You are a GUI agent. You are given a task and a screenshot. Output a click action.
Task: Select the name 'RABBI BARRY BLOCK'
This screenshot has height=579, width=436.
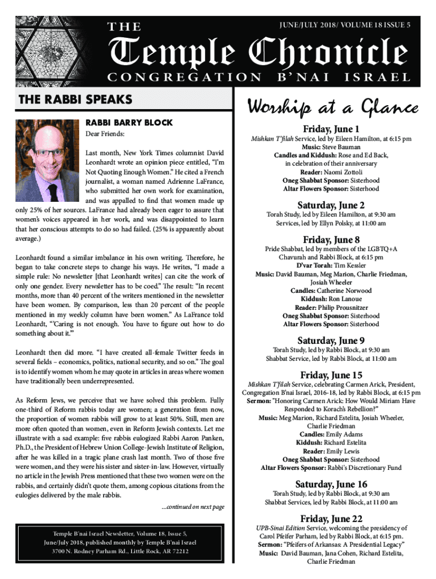point(129,122)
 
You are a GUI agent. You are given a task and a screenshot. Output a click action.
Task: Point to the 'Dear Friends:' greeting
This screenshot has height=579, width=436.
point(105,134)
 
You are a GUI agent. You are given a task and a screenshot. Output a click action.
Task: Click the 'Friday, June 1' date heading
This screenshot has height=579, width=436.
point(331,128)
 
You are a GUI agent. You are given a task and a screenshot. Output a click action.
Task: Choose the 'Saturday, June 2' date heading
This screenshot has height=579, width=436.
point(331,205)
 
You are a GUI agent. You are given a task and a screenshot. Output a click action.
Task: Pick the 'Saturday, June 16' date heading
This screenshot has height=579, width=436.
point(331,484)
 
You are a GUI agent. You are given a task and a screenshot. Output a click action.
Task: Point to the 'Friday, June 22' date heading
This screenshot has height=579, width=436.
point(331,518)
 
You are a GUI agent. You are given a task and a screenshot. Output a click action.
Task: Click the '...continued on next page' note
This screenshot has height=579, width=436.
point(193,506)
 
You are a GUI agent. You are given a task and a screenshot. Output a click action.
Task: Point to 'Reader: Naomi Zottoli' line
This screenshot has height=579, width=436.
point(331,172)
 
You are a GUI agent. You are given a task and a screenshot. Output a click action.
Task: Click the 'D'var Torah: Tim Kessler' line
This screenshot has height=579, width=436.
point(331,265)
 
